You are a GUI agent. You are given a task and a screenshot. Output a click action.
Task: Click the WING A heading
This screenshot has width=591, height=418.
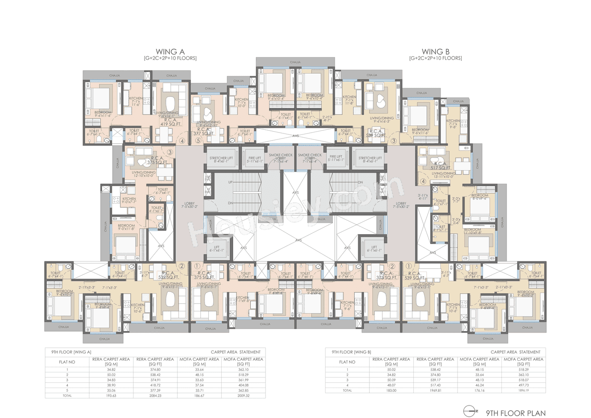click(170, 51)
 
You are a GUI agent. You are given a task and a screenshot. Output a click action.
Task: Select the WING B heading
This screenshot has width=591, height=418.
click(435, 51)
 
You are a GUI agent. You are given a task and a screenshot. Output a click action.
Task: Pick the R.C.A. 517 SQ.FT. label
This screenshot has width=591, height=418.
click(439, 165)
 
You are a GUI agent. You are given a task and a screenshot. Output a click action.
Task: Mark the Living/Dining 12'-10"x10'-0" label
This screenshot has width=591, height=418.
click(145, 174)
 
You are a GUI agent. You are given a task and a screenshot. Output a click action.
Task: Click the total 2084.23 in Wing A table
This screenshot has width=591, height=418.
click(155, 395)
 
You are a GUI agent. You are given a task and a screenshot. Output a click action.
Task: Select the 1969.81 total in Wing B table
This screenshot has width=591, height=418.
click(436, 390)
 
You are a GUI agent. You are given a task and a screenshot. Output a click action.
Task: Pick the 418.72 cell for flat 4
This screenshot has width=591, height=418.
click(155, 385)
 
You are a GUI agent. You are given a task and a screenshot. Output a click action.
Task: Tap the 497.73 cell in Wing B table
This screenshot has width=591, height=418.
click(524, 385)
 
